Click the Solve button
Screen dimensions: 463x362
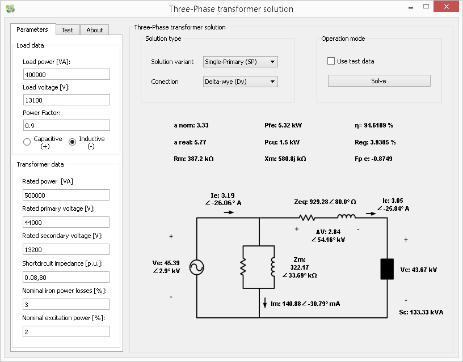point(379,81)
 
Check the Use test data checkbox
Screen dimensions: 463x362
point(331,61)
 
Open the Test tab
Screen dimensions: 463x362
point(68,30)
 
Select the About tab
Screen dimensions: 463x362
point(95,30)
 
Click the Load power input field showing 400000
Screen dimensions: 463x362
point(66,74)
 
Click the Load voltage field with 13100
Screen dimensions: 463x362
point(66,100)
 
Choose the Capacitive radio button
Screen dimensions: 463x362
point(27,142)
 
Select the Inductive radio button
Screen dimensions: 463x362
point(72,142)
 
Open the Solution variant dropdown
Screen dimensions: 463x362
point(241,62)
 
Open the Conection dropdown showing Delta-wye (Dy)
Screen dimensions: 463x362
point(241,82)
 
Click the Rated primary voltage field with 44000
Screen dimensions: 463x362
point(66,222)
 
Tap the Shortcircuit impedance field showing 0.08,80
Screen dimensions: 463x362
point(66,277)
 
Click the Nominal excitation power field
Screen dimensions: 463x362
point(66,331)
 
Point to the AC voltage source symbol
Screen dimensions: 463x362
point(197,267)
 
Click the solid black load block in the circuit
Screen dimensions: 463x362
point(387,269)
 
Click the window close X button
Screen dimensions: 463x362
point(446,6)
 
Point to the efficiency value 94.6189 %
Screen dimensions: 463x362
point(378,125)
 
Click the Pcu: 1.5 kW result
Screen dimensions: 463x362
point(282,142)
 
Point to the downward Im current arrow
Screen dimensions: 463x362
point(265,303)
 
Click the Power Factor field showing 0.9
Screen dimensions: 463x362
point(66,125)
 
